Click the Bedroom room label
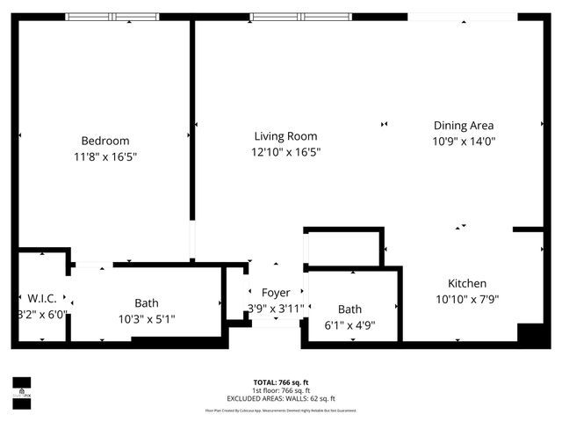pos(105,141)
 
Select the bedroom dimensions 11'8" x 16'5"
pos(105,156)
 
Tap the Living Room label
pos(285,136)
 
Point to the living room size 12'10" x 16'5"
pos(285,151)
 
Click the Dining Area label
pos(463,126)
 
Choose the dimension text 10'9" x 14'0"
pos(463,141)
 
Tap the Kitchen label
pos(467,284)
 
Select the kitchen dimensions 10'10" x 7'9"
pos(467,299)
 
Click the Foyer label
pos(276,293)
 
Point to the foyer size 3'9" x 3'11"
pos(276,308)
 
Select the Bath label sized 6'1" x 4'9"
pos(349,309)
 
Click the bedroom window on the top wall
pos(113,17)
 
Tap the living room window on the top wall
pos(300,17)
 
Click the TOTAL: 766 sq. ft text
pos(281,382)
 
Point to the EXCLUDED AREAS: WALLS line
pos(281,397)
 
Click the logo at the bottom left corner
pos(21,388)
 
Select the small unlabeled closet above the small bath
pos(343,247)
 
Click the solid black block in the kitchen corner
pos(530,335)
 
